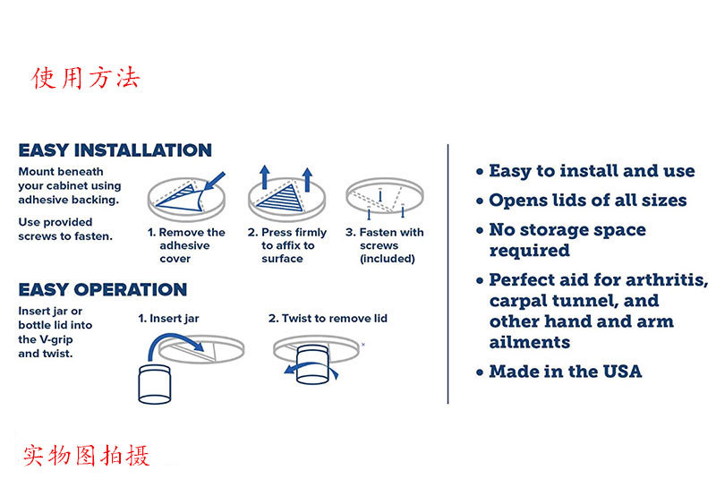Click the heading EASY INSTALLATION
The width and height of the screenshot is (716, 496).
115,150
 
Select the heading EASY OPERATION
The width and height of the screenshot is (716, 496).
103,289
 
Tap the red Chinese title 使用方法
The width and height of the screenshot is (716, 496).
85,78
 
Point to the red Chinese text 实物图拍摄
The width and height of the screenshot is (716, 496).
86,455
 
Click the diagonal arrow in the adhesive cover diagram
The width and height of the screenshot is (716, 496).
215,181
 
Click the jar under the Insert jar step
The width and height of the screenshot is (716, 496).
154,385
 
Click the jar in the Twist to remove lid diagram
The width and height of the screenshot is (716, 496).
312,364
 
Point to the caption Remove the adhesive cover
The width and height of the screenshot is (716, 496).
186,245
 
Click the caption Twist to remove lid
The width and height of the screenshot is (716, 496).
328,319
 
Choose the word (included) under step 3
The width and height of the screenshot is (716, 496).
388,259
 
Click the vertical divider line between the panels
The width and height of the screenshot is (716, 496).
448,274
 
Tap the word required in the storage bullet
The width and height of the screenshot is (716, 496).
530,251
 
